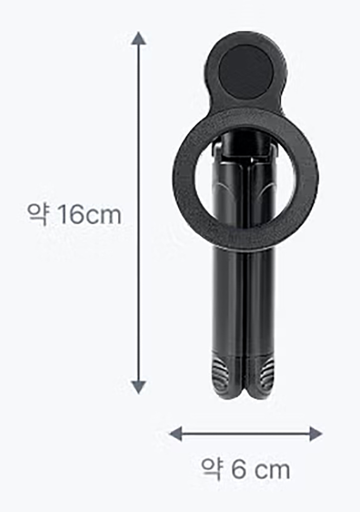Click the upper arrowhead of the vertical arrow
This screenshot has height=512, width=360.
139,38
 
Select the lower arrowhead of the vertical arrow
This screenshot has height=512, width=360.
139,387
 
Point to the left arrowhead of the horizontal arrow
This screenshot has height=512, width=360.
175,434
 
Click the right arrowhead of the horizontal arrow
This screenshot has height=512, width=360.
315,434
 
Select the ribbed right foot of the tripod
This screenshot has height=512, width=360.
260,375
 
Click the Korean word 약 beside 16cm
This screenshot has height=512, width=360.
38,215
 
